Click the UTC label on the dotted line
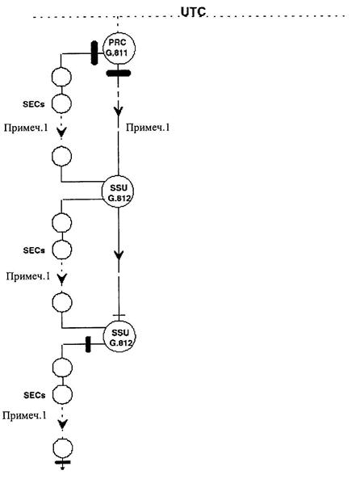click(193, 11)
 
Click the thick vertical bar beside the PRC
click(94, 53)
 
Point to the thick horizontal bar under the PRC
click(119, 73)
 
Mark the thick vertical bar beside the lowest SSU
click(88, 344)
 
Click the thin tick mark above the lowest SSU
click(119, 316)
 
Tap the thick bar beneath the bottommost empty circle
click(62, 462)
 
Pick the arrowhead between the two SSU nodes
click(119, 255)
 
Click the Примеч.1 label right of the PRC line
click(148, 128)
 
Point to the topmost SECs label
click(34, 104)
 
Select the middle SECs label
click(34, 250)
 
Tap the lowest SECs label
click(35, 395)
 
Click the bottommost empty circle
click(63, 448)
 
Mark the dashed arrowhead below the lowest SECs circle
click(63, 425)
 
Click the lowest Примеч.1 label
click(24, 415)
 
